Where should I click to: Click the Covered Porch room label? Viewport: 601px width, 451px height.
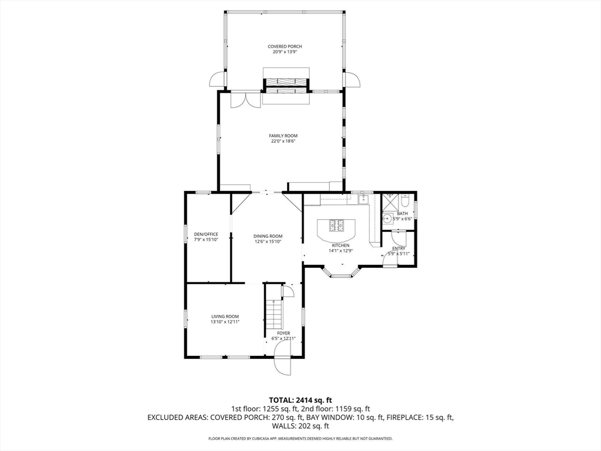pyautogui.click(x=285, y=46)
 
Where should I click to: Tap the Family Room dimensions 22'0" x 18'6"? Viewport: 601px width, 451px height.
pyautogui.click(x=283, y=141)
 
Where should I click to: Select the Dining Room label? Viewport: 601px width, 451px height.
pyautogui.click(x=268, y=236)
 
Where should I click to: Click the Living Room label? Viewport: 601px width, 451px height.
pyautogui.click(x=225, y=317)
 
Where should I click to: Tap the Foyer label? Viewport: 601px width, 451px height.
pyautogui.click(x=283, y=334)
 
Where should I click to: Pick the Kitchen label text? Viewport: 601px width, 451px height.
pyautogui.click(x=341, y=245)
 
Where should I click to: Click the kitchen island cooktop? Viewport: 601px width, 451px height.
pyautogui.click(x=337, y=225)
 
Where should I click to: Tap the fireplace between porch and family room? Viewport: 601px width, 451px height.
pyautogui.click(x=286, y=86)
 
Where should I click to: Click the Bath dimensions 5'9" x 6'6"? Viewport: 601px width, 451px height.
pyautogui.click(x=402, y=218)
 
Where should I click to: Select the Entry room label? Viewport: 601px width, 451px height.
pyautogui.click(x=399, y=248)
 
